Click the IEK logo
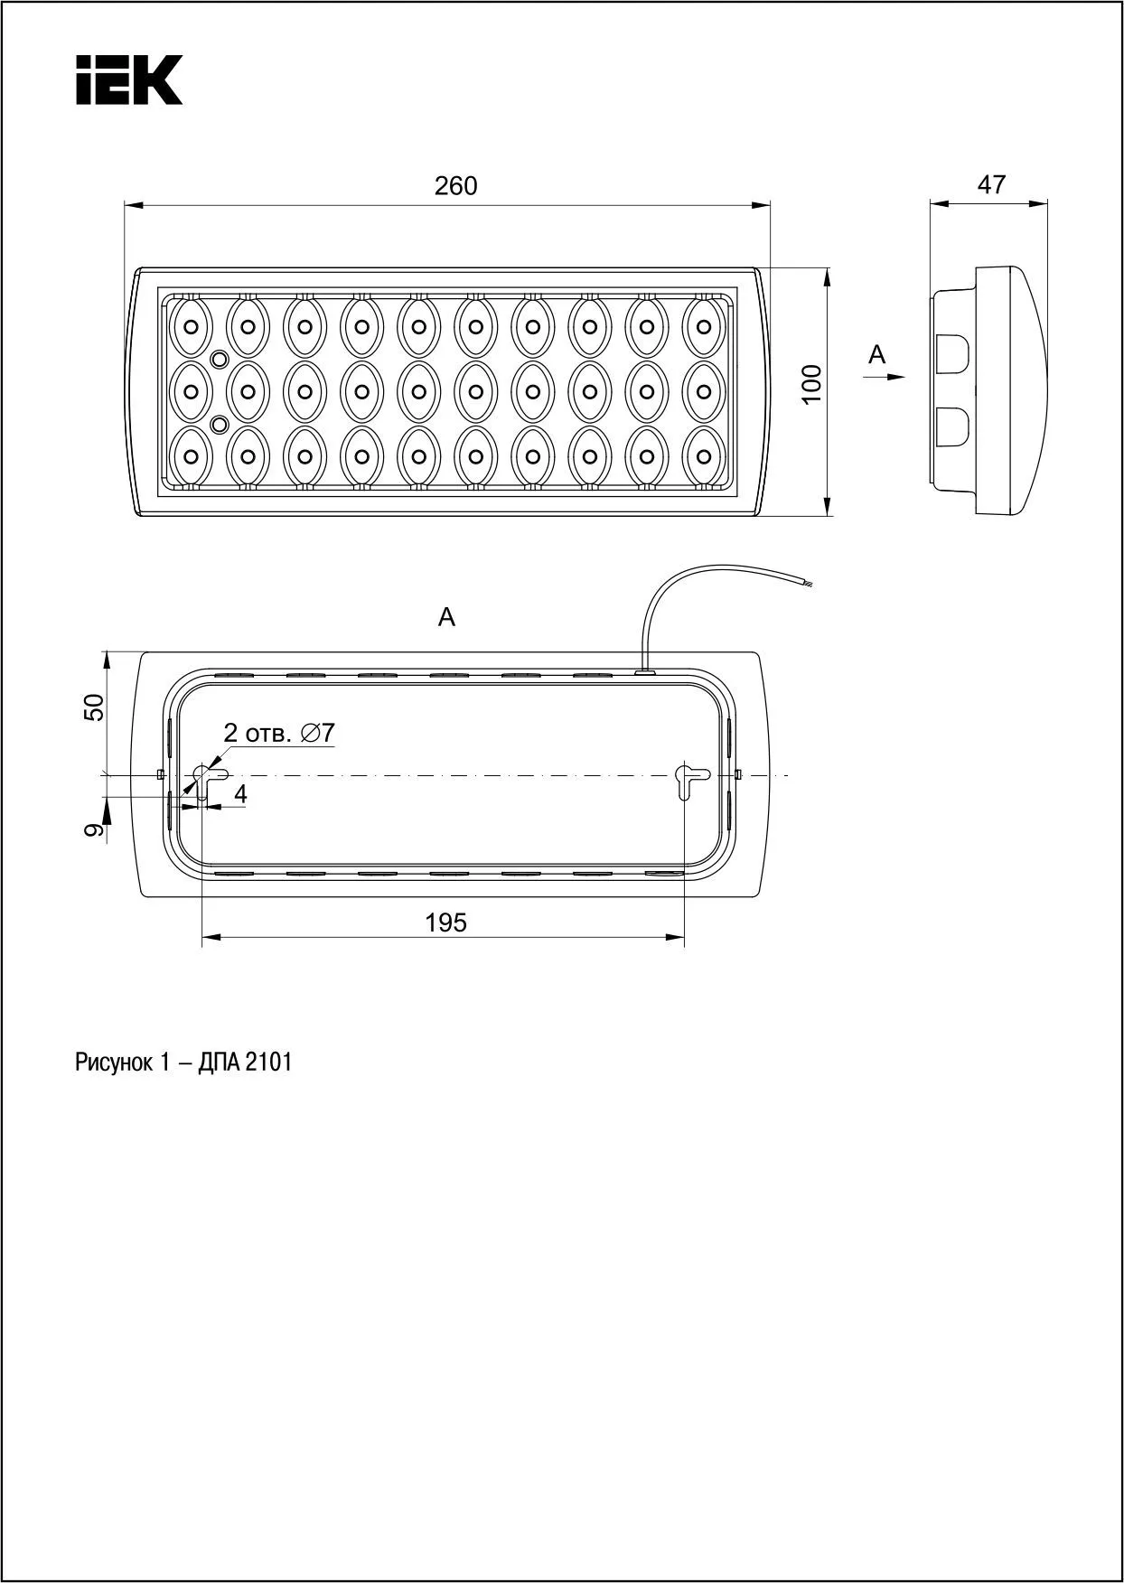pos(128,80)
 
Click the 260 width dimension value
pos(455,186)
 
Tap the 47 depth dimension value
pos(991,184)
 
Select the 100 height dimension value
pos(813,383)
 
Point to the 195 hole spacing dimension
pos(446,923)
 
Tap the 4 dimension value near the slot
pos(240,794)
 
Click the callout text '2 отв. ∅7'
pos(278,733)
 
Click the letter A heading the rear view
pos(446,618)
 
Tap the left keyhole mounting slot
pos(206,779)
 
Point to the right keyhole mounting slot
pos(690,778)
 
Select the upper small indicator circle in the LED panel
pos(218,360)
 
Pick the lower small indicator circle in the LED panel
pos(218,423)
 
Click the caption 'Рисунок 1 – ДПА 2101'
pos(183,1063)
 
